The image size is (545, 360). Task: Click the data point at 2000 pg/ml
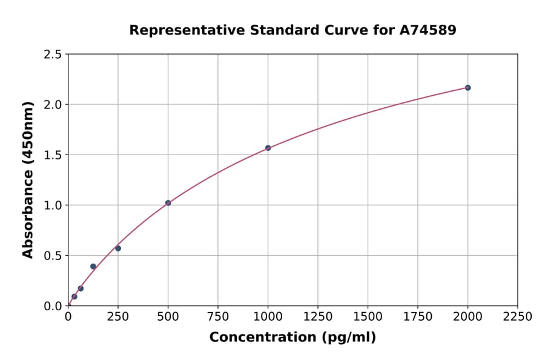pos(467,88)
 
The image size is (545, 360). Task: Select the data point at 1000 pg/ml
pos(268,148)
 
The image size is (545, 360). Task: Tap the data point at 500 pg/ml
pos(168,203)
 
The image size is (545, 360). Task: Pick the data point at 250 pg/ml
pos(118,248)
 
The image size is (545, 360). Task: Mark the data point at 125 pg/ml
pos(93,267)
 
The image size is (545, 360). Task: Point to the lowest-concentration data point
pos(74,297)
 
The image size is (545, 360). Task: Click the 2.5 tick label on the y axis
pos(53,55)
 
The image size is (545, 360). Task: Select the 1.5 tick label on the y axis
pos(53,155)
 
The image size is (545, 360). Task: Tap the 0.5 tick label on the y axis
pos(53,256)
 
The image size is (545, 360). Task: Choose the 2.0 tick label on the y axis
pos(53,105)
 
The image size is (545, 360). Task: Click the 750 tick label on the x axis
pos(218,317)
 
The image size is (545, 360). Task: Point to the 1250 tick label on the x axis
pos(318,317)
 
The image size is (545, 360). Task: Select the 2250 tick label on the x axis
pos(518,317)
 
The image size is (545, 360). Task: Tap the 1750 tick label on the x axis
pos(418,317)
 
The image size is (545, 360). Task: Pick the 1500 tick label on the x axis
pos(368,317)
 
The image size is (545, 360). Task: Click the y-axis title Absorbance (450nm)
pos(28,179)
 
